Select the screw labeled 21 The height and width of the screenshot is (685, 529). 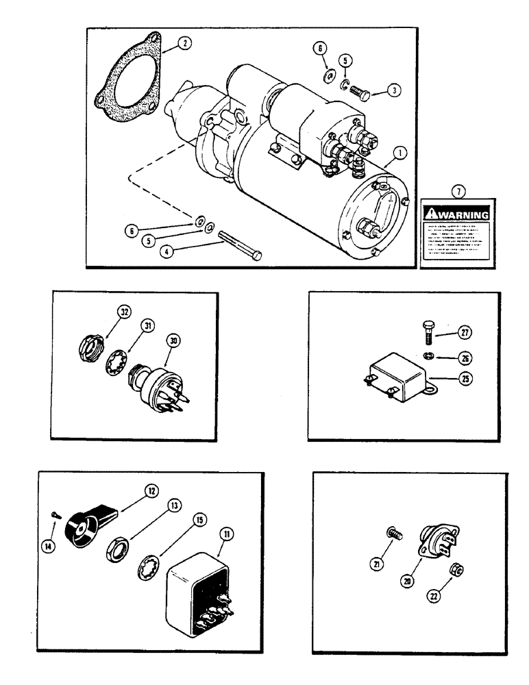pyautogui.click(x=393, y=549)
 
